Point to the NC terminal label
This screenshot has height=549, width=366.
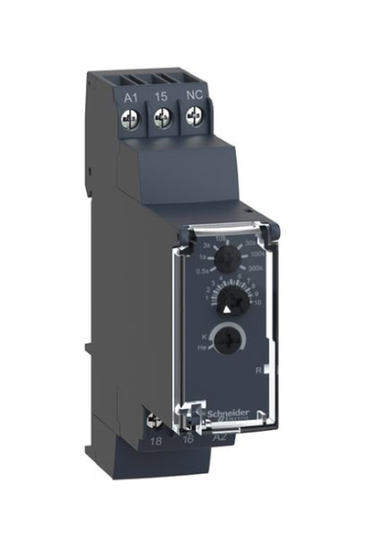point(193,95)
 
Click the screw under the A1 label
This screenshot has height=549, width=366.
point(134,116)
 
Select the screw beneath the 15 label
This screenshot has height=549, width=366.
point(164,116)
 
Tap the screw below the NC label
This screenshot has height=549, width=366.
point(194,116)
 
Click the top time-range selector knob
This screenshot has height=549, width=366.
point(228,260)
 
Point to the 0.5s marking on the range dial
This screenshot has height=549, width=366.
point(202,271)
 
